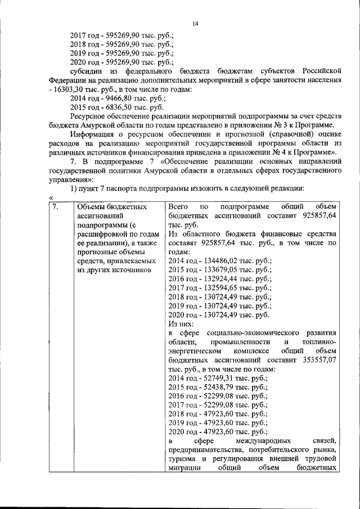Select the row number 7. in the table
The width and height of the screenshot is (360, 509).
coord(55,207)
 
